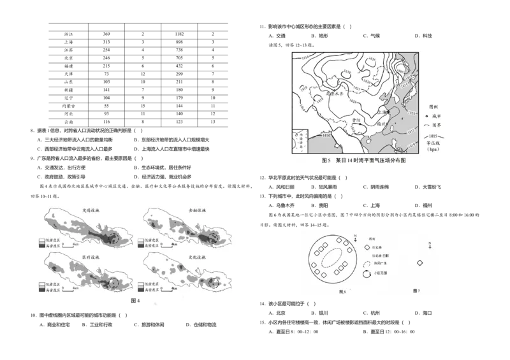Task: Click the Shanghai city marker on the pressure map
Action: [388, 112]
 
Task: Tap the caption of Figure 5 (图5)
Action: [363, 161]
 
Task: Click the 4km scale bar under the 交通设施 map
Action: [75, 245]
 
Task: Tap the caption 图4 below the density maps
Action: [135, 299]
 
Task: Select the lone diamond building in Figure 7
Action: [419, 263]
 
